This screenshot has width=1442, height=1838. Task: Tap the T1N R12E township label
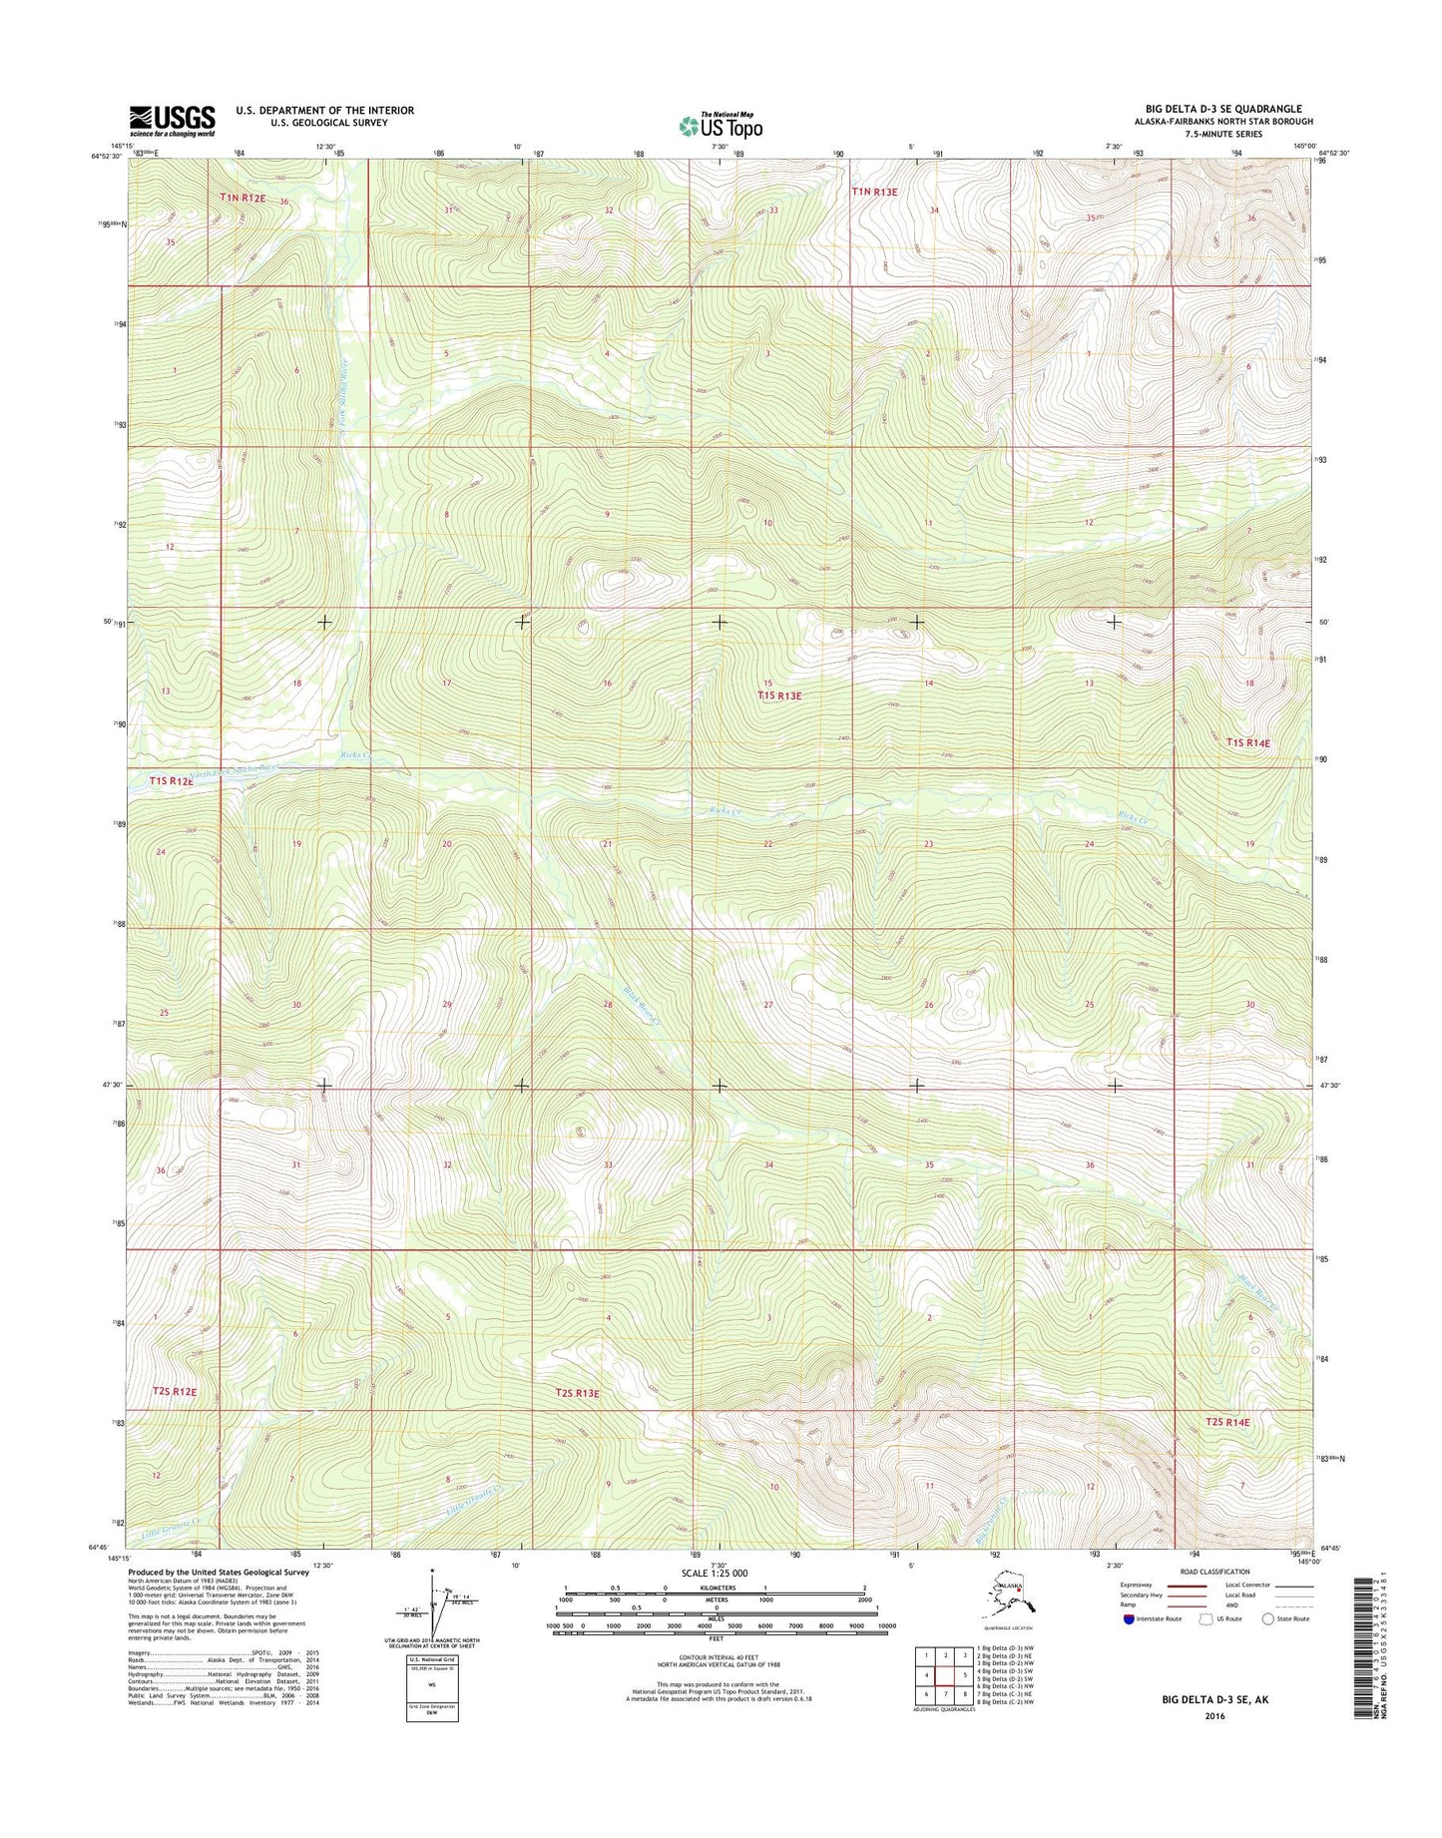click(243, 199)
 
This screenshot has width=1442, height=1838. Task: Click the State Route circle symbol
click(1268, 1618)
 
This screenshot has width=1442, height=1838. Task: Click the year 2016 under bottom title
click(1214, 1716)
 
